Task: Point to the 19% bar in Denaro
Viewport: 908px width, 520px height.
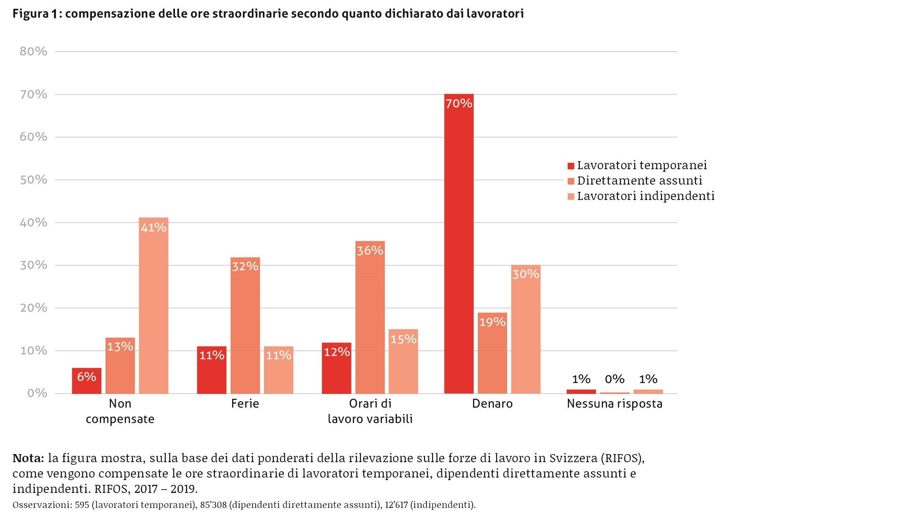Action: pyautogui.click(x=492, y=353)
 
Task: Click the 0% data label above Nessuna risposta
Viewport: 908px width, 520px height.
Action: pyautogui.click(x=614, y=379)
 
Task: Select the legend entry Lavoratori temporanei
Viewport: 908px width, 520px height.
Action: pyautogui.click(x=641, y=166)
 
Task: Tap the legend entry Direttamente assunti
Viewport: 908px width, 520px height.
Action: pyautogui.click(x=639, y=181)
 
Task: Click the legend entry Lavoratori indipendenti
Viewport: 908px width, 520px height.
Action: pyautogui.click(x=645, y=196)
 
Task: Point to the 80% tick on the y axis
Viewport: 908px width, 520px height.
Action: pyautogui.click(x=33, y=52)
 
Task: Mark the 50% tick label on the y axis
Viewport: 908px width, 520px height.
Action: pyautogui.click(x=33, y=180)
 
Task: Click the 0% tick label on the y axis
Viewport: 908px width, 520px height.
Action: pyautogui.click(x=37, y=394)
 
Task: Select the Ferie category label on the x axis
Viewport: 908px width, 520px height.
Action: pyautogui.click(x=245, y=404)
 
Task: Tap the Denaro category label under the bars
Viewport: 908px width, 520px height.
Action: pyautogui.click(x=492, y=404)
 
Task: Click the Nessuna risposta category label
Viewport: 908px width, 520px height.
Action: pyautogui.click(x=614, y=404)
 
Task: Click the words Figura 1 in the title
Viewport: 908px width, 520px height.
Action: pyautogui.click(x=35, y=14)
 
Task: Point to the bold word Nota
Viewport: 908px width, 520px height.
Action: pyautogui.click(x=28, y=458)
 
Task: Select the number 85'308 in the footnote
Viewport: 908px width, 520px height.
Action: pyautogui.click(x=213, y=505)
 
